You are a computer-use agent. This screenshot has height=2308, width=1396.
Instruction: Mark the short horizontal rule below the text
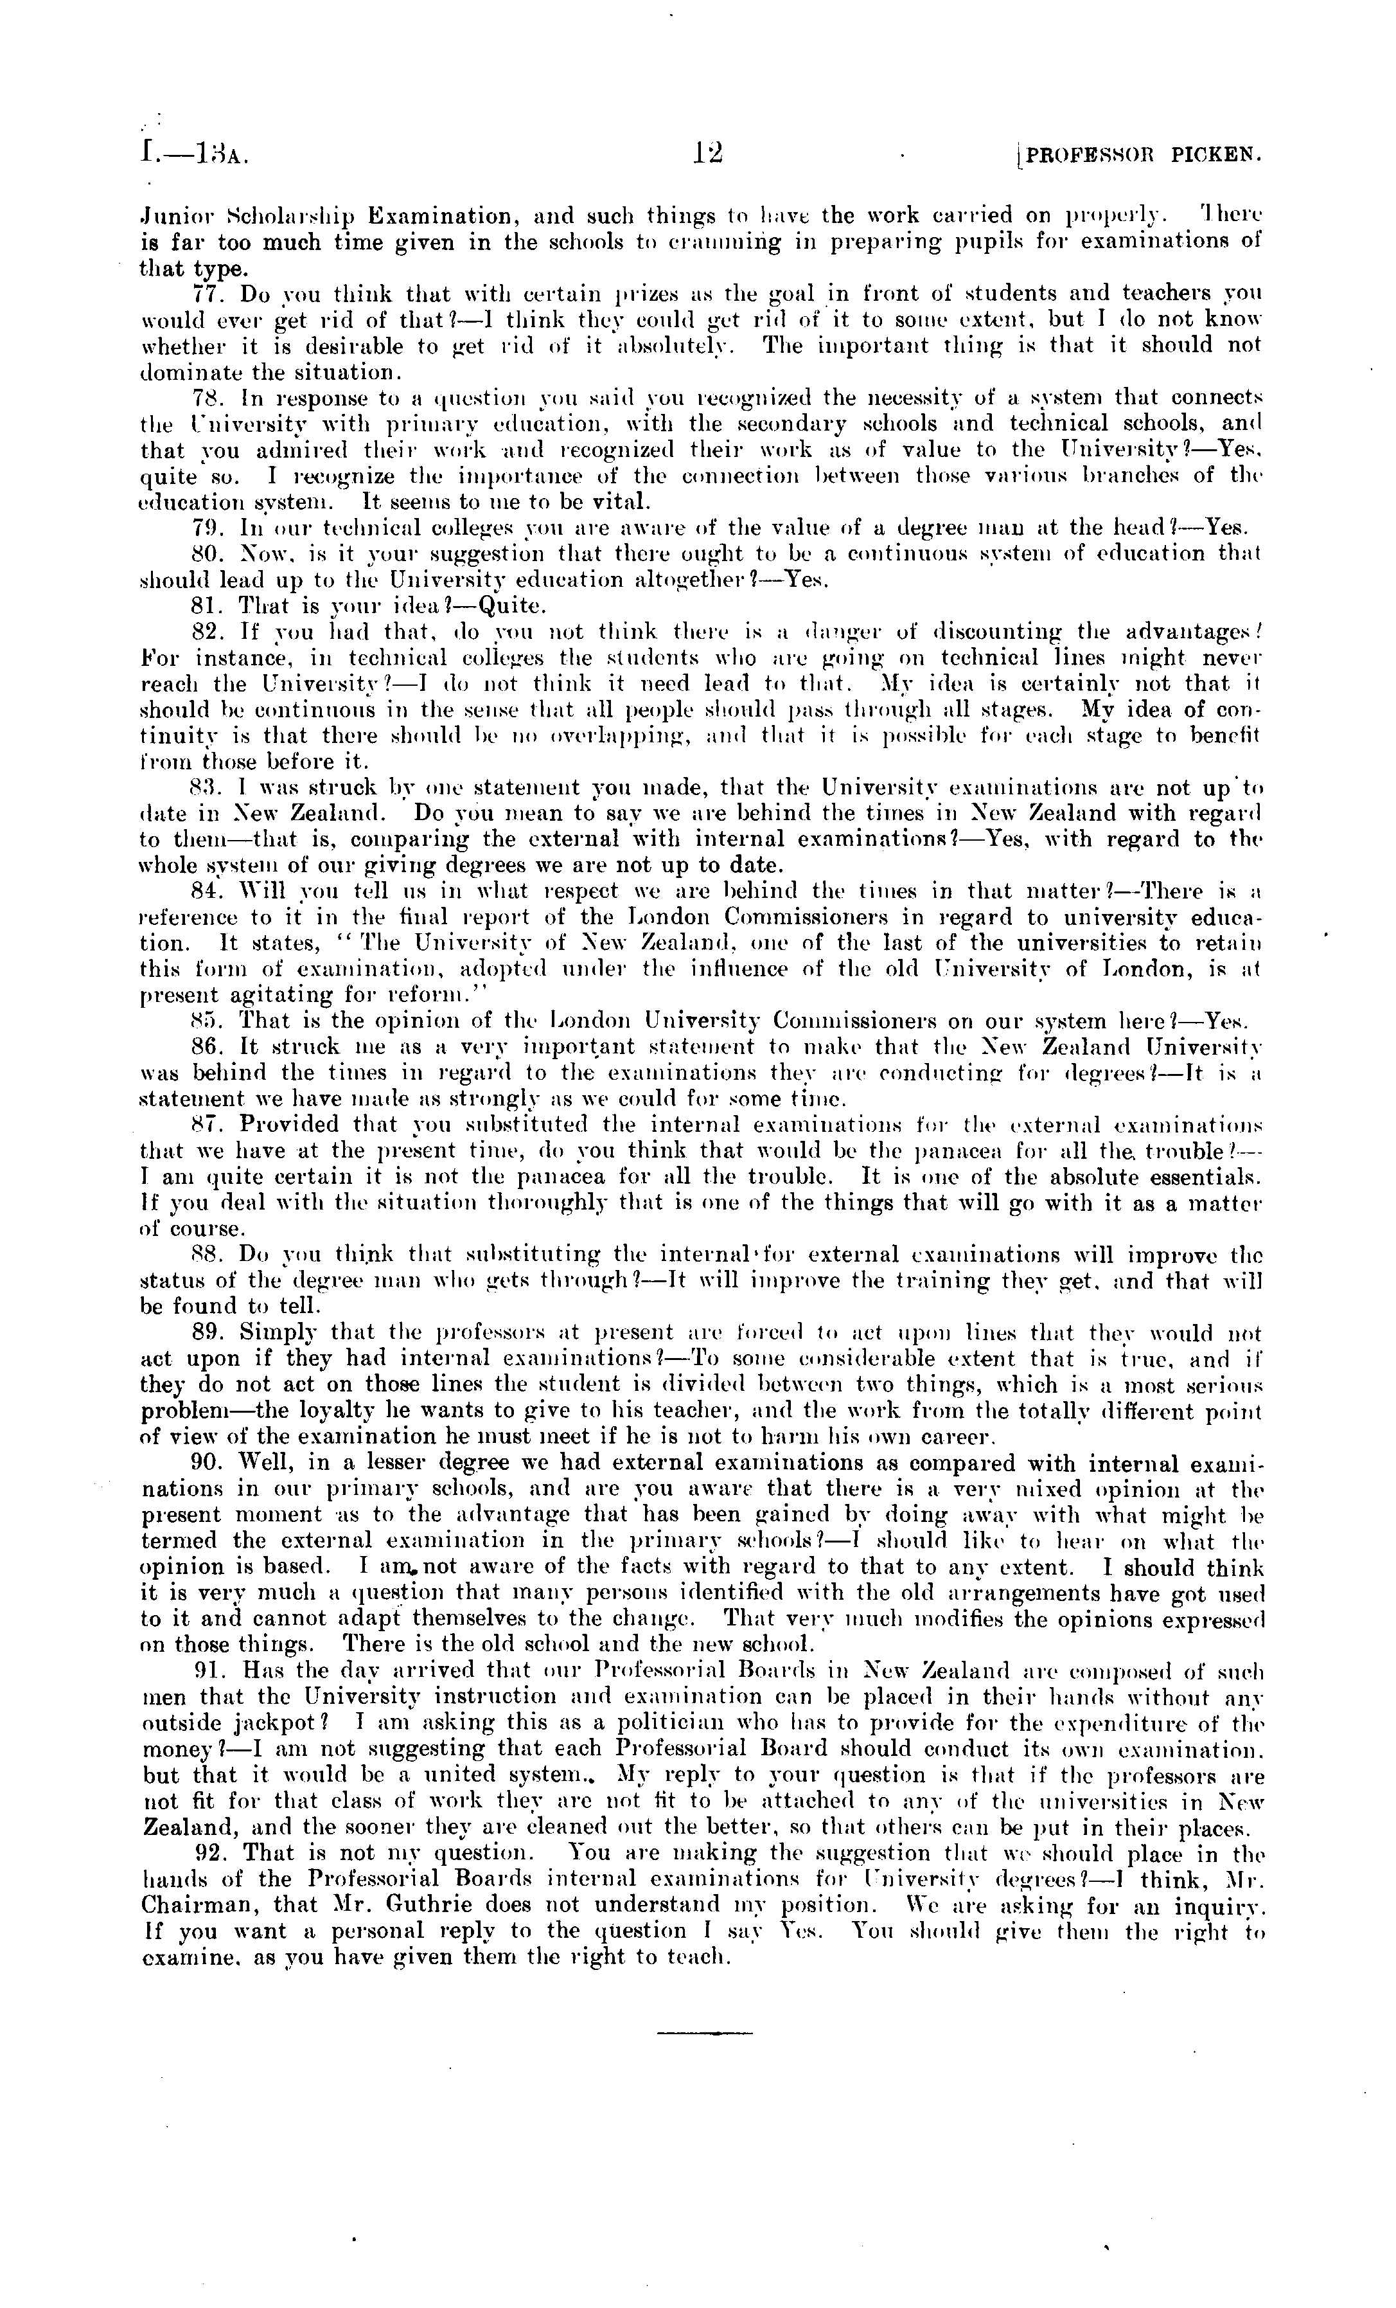705,2025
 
